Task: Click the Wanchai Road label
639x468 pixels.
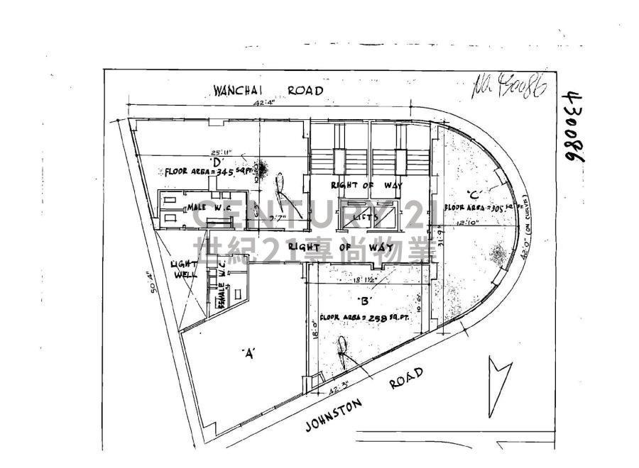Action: pos(268,91)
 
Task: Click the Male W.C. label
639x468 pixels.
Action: pos(207,206)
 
